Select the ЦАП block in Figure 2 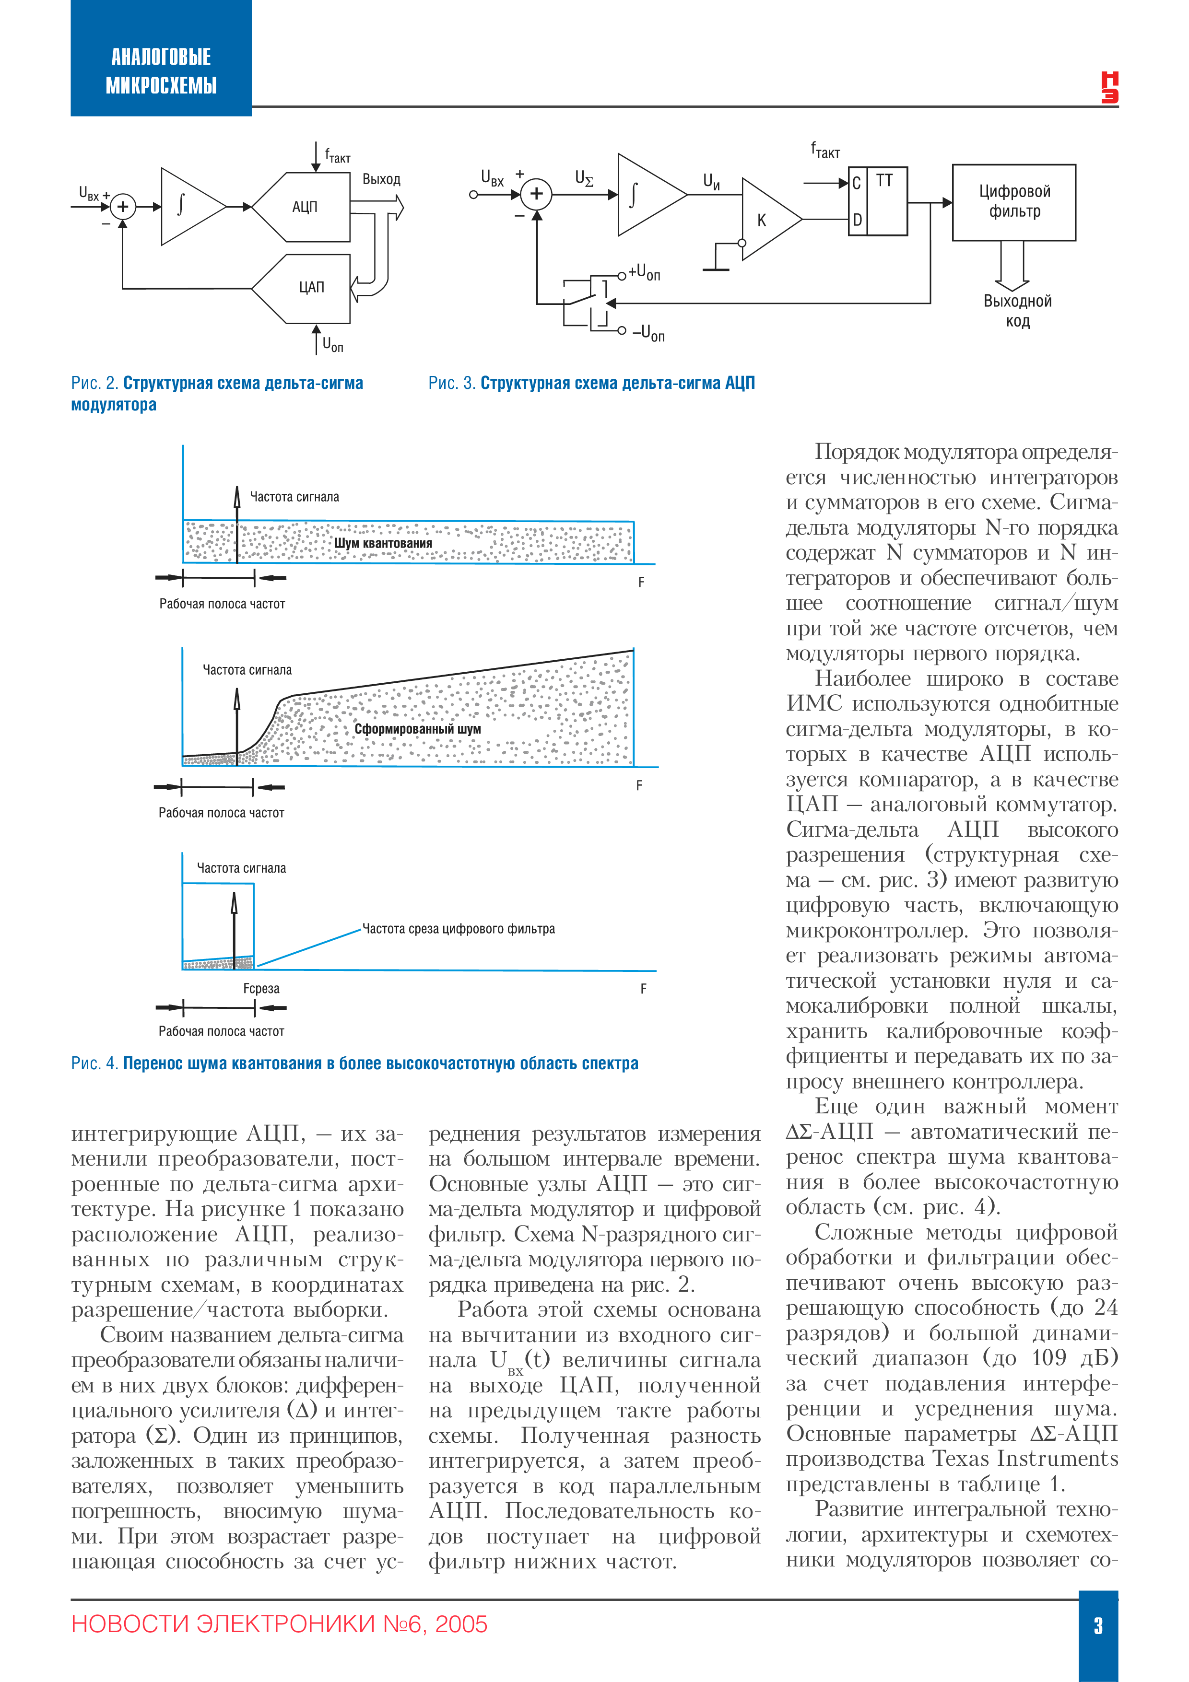310,287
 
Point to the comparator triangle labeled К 765,219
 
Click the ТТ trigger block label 884,180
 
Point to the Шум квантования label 383,543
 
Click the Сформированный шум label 417,729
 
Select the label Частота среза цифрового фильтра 459,929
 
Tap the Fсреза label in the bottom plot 261,988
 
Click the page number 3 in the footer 1097,1625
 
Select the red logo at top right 1109,87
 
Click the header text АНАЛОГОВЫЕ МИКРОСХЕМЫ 161,71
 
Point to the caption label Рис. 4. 94,1063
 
